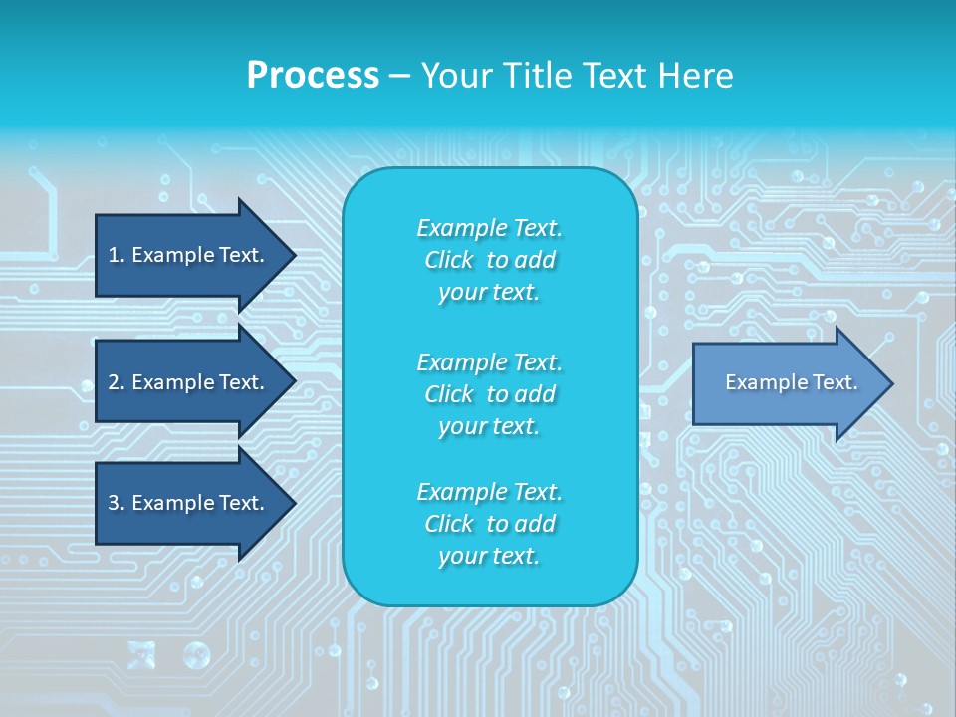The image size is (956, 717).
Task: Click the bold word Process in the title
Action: click(x=313, y=76)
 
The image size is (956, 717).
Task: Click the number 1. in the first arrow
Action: click(x=117, y=255)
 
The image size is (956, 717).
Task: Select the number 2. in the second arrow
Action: click(x=117, y=382)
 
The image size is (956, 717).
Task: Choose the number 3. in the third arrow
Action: click(x=117, y=503)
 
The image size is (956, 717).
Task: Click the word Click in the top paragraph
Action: click(x=449, y=260)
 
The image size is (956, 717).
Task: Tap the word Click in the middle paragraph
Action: click(x=449, y=394)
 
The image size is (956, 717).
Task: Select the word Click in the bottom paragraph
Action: click(x=449, y=524)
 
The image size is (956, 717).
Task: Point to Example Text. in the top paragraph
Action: click(x=489, y=228)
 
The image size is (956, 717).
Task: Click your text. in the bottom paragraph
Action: click(x=489, y=556)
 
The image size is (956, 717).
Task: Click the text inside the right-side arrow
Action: click(x=791, y=382)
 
